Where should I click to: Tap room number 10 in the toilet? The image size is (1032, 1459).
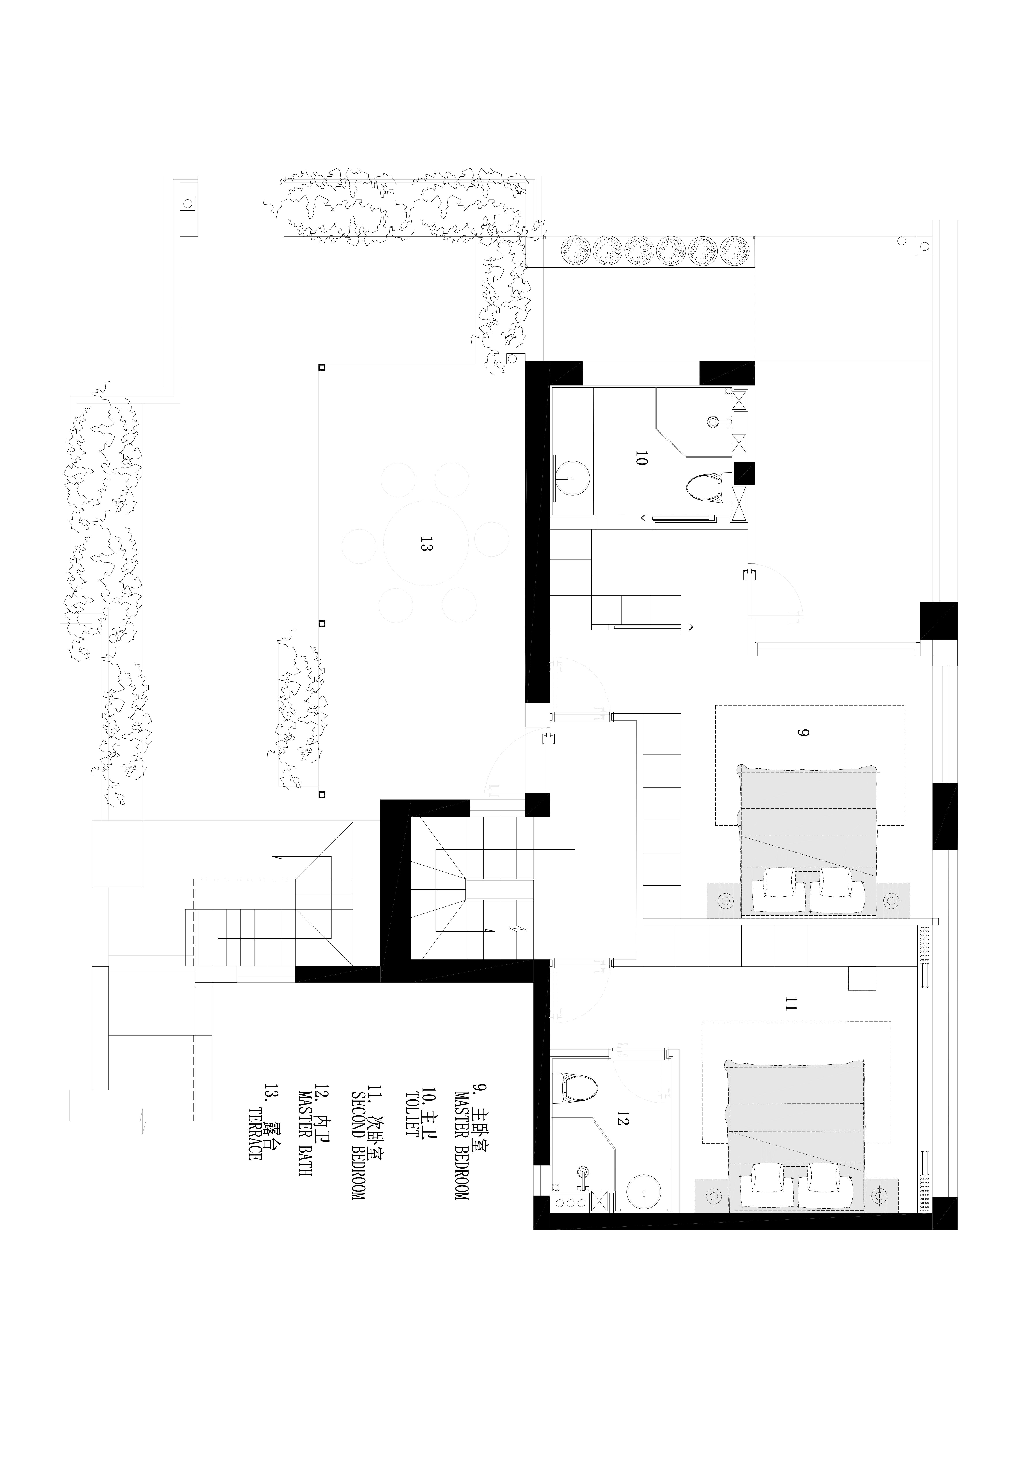[641, 458]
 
